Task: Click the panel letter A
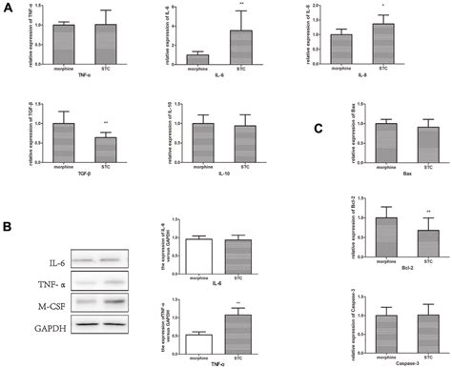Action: (8, 9)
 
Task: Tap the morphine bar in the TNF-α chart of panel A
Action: (64, 44)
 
